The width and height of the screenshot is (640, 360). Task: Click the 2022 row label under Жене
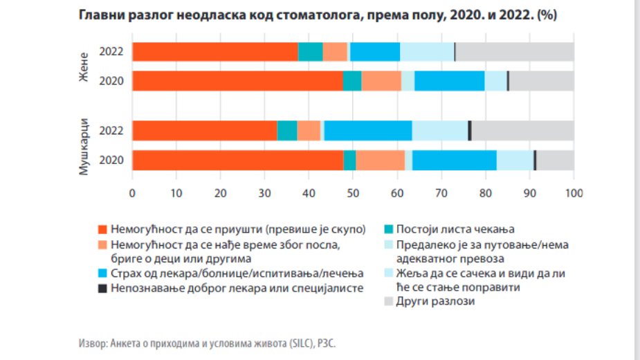click(111, 52)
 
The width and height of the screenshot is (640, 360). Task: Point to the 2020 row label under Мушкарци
click(111, 160)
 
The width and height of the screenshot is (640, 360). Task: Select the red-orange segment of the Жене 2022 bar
click(215, 52)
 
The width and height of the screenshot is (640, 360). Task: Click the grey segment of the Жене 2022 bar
click(515, 52)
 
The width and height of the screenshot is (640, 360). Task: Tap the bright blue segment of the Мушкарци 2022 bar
click(368, 130)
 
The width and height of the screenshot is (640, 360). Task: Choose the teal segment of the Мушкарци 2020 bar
click(350, 160)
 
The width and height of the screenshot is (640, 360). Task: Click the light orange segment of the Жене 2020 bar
click(381, 81)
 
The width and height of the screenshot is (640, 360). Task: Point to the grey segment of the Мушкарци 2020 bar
click(555, 160)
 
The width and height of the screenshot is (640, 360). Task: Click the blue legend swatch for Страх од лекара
click(103, 273)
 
